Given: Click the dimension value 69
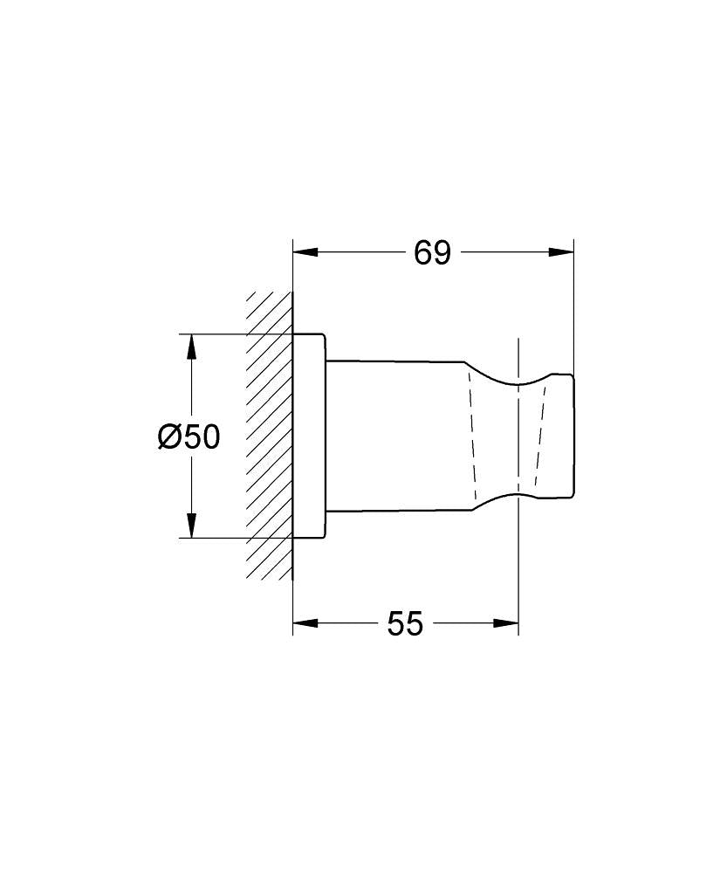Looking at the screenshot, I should coord(432,253).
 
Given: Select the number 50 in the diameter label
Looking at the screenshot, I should coord(202,436).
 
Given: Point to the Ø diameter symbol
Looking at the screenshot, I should coord(169,436).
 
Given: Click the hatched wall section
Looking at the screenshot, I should coord(269,436).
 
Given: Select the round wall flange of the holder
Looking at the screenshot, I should coord(309,436).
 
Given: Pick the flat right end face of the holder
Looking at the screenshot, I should coord(573,436).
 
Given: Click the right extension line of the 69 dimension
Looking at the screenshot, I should coord(573,306).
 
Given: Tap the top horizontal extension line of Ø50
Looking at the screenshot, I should coord(236,333).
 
